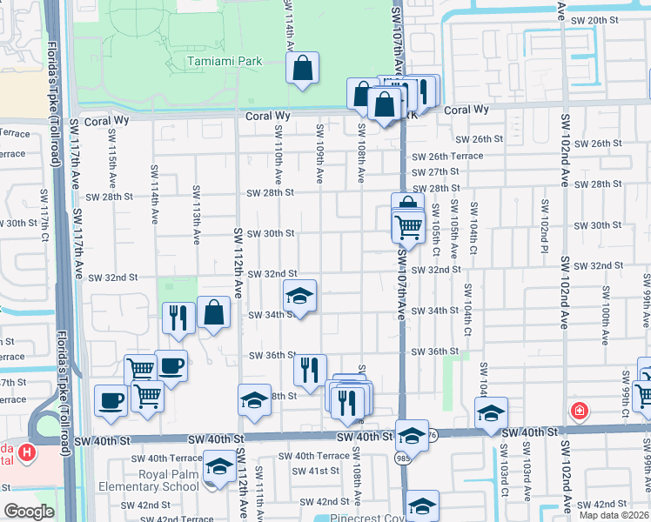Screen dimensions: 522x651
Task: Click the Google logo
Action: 30,512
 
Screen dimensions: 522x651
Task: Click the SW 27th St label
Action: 435,171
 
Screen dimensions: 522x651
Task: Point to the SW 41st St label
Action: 315,471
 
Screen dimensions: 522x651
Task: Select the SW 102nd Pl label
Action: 543,223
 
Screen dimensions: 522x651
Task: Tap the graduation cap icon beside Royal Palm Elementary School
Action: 218,467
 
